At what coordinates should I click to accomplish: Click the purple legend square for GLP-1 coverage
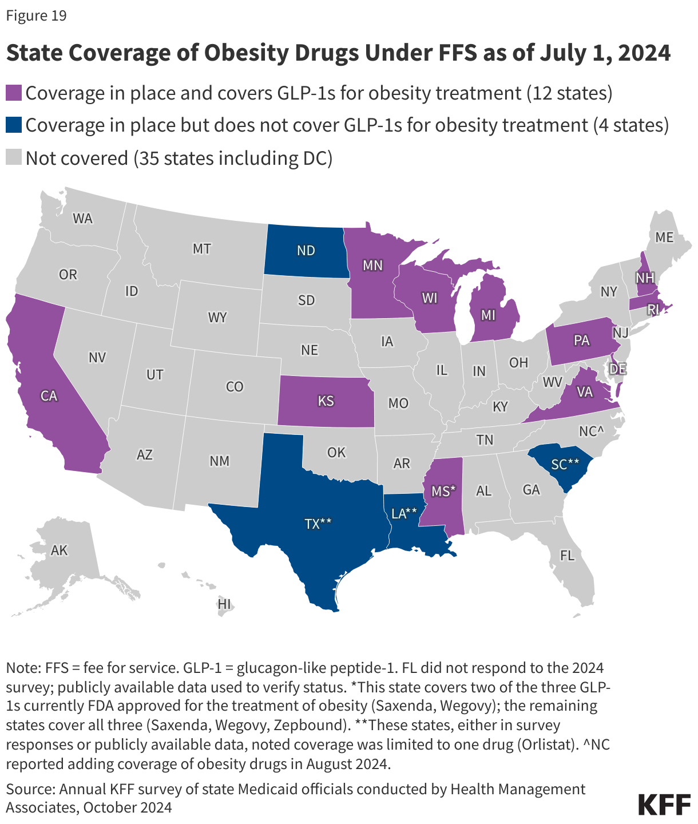click(x=14, y=93)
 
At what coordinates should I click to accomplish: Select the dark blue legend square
click(x=14, y=125)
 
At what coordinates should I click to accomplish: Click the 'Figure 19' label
click(x=37, y=15)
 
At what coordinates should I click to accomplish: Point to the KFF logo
click(x=664, y=804)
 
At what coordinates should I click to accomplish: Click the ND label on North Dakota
click(x=306, y=251)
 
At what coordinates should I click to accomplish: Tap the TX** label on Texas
click(x=318, y=523)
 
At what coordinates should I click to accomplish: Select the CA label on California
click(x=49, y=395)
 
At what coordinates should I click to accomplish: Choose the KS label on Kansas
click(x=326, y=401)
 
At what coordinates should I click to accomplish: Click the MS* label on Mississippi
click(x=443, y=490)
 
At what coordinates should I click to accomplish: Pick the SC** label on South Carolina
click(x=565, y=464)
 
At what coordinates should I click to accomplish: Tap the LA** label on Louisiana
click(x=404, y=513)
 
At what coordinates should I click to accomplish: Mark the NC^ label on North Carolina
click(x=592, y=431)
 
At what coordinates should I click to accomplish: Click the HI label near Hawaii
click(x=224, y=604)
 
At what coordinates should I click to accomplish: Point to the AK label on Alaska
click(x=60, y=550)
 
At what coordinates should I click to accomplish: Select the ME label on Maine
click(x=664, y=237)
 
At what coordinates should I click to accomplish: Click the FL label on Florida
click(x=567, y=555)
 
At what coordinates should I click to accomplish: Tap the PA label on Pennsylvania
click(x=581, y=340)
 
